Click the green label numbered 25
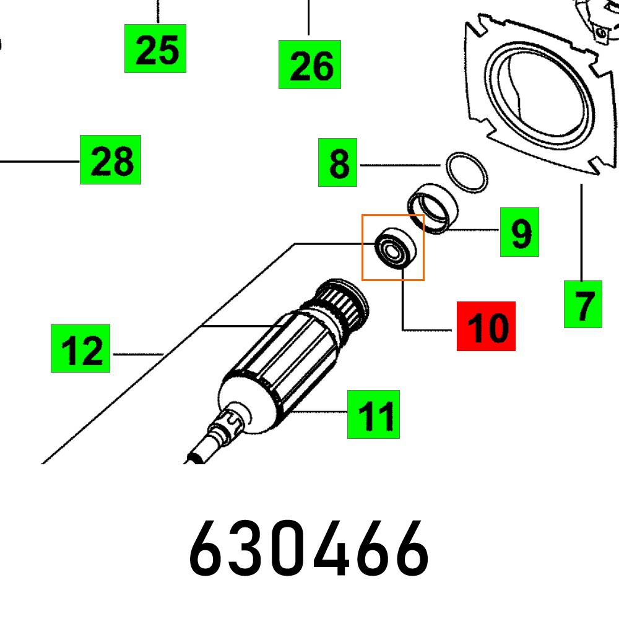[155, 49]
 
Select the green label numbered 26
[309, 64]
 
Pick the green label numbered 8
[337, 162]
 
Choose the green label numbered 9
[519, 232]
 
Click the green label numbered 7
[582, 304]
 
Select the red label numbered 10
[486, 326]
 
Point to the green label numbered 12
[80, 348]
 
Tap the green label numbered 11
[373, 414]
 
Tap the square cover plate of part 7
[532, 93]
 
